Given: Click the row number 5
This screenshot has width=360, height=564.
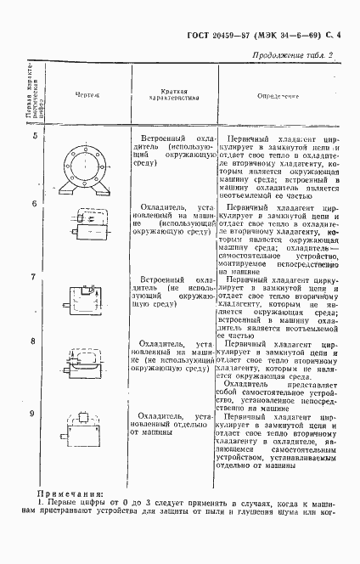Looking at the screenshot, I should (x=34, y=137).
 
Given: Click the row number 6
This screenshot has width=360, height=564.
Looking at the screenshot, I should (x=34, y=204).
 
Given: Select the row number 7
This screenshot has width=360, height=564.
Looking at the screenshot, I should (x=34, y=277).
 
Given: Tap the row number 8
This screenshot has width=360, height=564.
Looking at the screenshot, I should (x=34, y=341).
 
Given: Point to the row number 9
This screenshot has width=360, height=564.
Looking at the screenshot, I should (x=34, y=413).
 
